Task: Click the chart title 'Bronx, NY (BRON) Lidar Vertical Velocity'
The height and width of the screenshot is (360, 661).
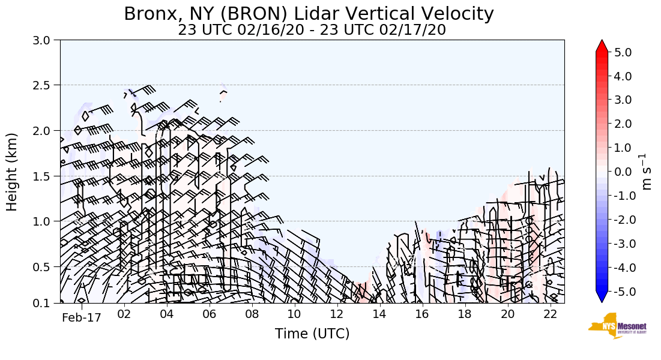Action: pos(309,14)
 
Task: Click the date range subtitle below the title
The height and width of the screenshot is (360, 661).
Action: pos(312,30)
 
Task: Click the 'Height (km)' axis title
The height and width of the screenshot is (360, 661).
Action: pos(13,172)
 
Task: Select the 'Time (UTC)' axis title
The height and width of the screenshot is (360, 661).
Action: pos(312,334)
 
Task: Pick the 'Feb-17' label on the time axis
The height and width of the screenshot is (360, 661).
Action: pos(82,317)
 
